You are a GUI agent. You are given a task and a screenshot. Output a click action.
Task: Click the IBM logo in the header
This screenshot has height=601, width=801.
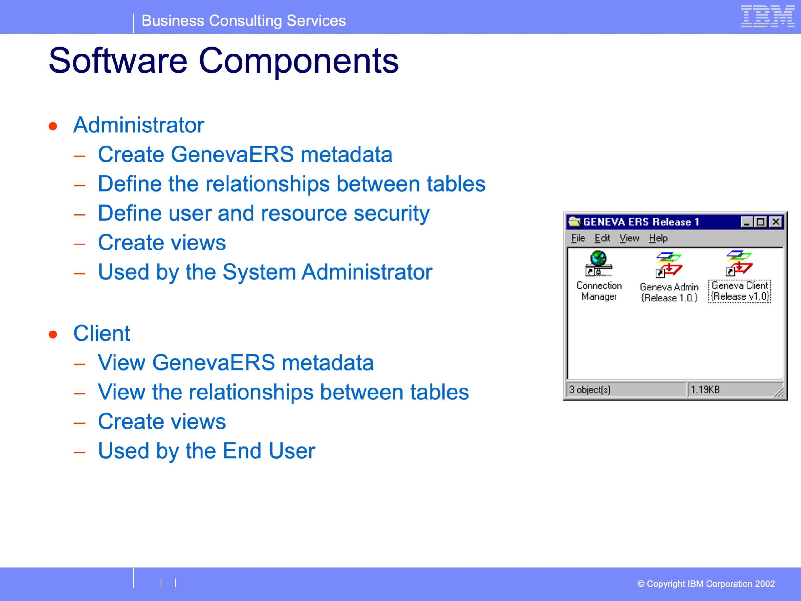click(x=768, y=16)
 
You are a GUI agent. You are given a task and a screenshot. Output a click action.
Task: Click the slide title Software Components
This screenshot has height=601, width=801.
click(x=224, y=60)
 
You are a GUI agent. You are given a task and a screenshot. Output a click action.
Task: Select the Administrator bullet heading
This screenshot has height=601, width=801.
click(x=139, y=125)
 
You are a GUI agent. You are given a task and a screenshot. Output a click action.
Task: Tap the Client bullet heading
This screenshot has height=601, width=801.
click(x=102, y=333)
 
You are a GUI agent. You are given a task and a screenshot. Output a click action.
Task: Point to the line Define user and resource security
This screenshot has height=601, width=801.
click(x=264, y=213)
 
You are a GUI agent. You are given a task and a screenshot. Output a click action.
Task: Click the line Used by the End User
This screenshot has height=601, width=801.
click(x=207, y=451)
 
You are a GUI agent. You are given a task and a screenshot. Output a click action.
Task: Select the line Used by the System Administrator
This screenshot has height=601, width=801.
click(x=265, y=272)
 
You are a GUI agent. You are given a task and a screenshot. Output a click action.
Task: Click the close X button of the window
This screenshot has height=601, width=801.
click(x=776, y=222)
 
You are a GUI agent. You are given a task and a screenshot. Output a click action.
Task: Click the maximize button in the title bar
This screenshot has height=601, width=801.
click(x=760, y=222)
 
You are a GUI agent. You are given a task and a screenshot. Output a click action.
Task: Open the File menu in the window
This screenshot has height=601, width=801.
click(x=578, y=238)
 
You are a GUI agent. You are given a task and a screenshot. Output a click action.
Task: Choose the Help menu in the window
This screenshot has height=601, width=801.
click(x=658, y=238)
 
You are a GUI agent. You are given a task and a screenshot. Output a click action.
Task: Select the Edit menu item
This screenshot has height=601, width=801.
click(x=602, y=238)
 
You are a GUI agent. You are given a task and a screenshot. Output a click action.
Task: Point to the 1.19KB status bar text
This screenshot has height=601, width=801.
click(x=705, y=390)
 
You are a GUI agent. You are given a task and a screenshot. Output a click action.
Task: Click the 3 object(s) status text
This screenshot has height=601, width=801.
click(x=589, y=390)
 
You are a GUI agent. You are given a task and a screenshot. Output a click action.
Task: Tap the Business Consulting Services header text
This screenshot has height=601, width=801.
click(x=244, y=21)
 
